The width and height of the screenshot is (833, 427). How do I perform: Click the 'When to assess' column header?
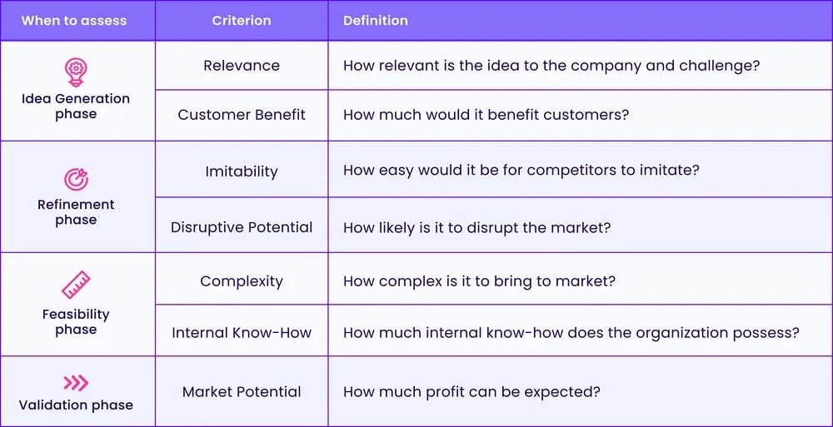[74, 21]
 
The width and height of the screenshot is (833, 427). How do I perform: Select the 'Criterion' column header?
[241, 21]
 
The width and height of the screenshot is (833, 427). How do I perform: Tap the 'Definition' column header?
[375, 21]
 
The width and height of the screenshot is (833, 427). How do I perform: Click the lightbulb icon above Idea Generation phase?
[76, 72]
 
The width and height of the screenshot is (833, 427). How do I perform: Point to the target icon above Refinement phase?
[76, 178]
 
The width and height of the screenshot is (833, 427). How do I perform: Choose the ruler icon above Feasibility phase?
[76, 286]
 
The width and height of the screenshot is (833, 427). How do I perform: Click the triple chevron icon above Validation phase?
[76, 383]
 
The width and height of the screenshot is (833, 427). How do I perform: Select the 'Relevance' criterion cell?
[242, 65]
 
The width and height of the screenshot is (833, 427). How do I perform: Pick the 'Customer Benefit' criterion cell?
[242, 115]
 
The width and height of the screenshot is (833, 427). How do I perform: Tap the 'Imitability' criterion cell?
[242, 171]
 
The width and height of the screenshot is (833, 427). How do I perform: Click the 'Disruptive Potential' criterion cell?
[242, 226]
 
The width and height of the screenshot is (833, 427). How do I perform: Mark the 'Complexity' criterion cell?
[242, 281]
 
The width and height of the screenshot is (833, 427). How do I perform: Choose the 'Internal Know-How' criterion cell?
[242, 333]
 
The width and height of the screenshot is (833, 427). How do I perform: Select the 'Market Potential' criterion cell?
[242, 392]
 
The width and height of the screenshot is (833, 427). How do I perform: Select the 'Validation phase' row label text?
[76, 405]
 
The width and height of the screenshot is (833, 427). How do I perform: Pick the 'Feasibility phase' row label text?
[76, 321]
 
